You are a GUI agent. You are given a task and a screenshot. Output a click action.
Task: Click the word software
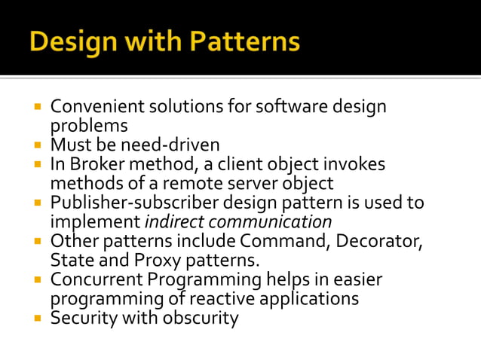287,107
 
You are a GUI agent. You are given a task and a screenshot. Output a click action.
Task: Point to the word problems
89,125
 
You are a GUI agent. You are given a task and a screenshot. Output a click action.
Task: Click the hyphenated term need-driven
171,144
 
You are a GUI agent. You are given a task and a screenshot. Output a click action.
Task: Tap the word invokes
354,164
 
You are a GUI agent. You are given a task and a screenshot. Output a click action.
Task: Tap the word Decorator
384,242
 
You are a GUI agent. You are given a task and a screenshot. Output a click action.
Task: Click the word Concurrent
94,280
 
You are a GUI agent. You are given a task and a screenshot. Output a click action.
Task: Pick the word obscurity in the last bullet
196,319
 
